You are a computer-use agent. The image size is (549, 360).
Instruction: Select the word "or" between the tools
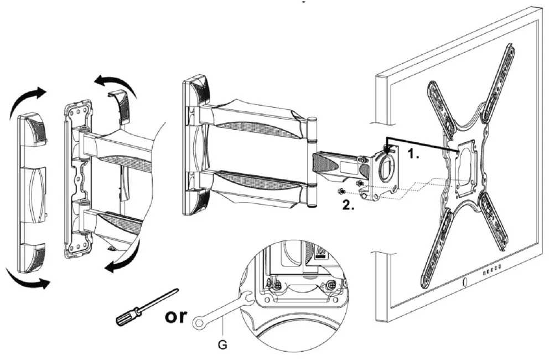pos(177,316)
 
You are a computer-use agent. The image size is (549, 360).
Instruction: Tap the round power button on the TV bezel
pos(463,284)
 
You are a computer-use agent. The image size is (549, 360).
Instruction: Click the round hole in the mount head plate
pos(386,166)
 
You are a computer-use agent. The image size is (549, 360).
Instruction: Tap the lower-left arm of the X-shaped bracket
pos(437,249)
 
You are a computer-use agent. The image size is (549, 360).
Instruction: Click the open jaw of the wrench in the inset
pos(248,300)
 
